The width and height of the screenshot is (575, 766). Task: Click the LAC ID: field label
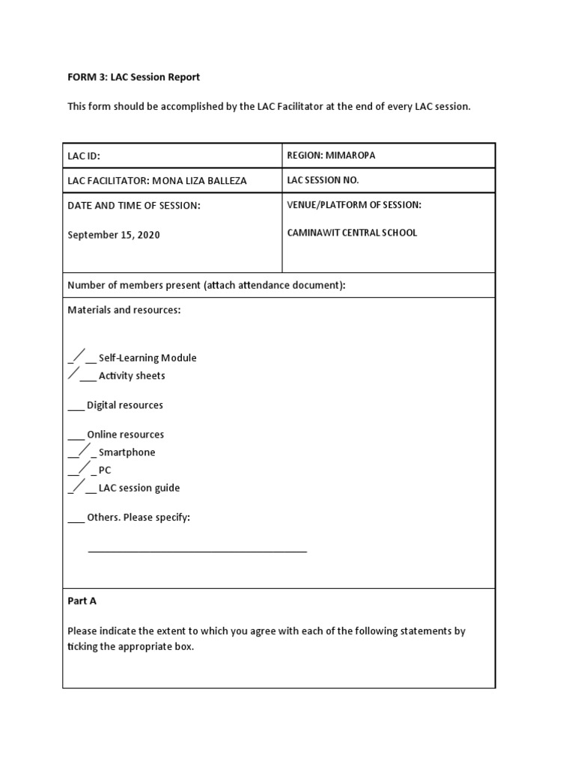point(84,156)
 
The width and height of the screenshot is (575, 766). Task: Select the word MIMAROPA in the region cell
point(351,156)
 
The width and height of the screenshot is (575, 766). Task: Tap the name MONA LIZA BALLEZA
point(199,181)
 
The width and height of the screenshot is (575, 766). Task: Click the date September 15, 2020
point(114,235)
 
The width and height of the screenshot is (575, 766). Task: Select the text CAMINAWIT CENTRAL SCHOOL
point(352,233)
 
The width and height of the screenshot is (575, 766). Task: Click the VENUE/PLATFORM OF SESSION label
point(354,205)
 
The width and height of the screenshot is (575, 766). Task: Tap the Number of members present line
point(207,285)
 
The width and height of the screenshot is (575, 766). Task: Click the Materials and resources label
point(124,310)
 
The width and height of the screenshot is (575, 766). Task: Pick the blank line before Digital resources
point(76,408)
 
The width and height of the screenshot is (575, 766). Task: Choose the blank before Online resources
point(76,437)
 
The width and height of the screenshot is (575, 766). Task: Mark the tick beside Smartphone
point(82,450)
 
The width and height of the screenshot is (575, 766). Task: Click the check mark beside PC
point(82,468)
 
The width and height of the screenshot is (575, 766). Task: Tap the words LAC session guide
point(139,488)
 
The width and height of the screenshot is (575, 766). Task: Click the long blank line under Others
point(198,551)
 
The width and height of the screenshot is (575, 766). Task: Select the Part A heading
point(82,601)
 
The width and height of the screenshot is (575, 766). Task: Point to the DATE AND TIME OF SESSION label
point(134,206)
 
